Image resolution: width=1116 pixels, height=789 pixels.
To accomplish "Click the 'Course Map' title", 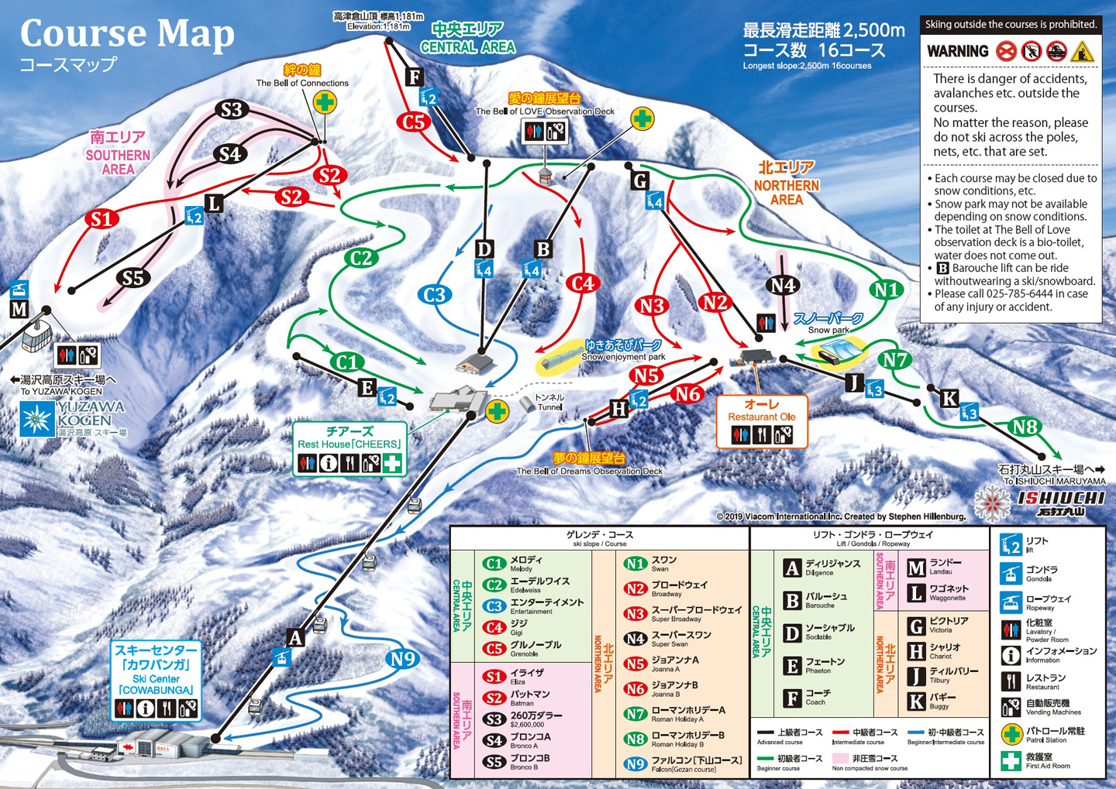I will tap(127, 33).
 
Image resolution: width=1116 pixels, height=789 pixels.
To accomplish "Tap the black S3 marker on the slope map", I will tap(231, 110).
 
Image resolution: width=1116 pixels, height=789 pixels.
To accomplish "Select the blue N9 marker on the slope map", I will tap(402, 659).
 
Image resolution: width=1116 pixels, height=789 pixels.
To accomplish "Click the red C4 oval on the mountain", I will tap(582, 283).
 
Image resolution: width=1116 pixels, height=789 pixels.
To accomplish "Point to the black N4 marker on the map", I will tap(783, 286).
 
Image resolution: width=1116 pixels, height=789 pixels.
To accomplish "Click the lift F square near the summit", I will tap(415, 77).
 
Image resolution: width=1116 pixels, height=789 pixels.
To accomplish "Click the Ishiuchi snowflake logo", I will tap(992, 503).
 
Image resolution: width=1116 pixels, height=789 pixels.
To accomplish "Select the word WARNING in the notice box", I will tap(958, 52).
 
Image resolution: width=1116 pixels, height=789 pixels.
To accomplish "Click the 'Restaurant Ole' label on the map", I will tap(761, 417).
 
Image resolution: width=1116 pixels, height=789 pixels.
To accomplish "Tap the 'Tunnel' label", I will tap(549, 407).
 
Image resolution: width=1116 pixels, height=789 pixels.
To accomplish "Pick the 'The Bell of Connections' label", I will tap(302, 83).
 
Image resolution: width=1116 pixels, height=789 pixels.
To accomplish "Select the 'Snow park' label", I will tap(828, 330).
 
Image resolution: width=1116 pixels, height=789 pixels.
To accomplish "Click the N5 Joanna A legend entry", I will tap(664, 664).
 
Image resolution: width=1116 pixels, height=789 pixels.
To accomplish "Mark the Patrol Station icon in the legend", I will tap(1011, 734).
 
